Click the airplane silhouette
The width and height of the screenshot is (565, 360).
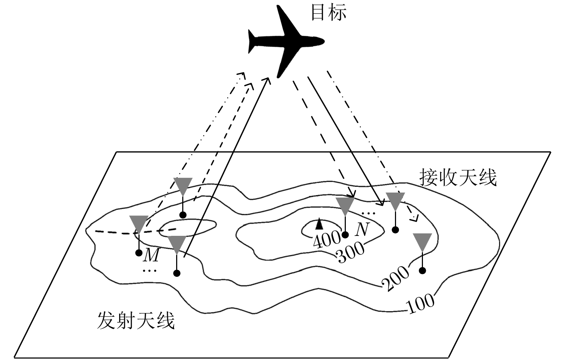coord(287,41)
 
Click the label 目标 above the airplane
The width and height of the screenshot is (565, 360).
coord(328,12)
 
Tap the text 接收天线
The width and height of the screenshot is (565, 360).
coord(458,177)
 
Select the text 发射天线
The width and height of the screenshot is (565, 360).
coord(136,320)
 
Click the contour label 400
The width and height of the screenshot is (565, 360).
coord(326,240)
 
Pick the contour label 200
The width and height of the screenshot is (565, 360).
coord(395,278)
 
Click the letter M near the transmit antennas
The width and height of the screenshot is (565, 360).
coord(151,255)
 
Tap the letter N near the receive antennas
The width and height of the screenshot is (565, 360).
coord(362,229)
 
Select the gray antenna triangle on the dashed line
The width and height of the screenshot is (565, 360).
coord(138,224)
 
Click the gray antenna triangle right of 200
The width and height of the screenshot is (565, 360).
coord(422,241)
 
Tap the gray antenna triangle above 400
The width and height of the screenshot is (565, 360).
coord(345,205)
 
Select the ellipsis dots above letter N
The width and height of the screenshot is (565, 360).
coord(368,213)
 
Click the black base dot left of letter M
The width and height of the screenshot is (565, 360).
coord(139,253)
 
